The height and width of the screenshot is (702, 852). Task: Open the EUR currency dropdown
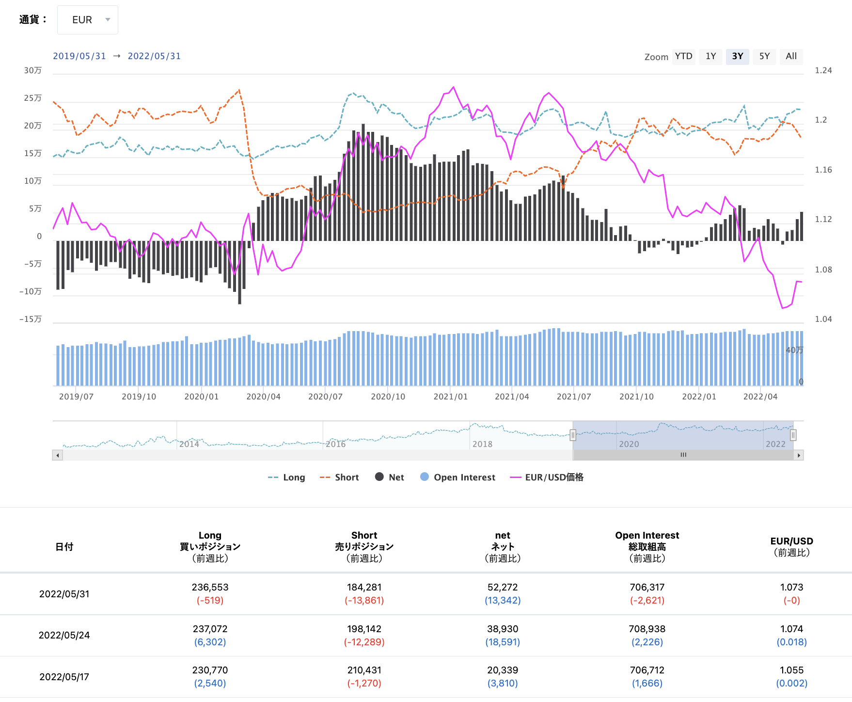88,20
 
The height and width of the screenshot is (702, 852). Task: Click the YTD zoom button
683,56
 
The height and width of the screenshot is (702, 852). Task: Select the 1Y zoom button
710,56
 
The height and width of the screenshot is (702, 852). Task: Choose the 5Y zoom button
764,56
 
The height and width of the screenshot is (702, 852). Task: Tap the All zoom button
791,56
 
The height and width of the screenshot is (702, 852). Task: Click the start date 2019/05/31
79,56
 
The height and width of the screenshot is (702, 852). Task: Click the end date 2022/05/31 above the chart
154,56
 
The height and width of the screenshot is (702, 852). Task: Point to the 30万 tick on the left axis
33,71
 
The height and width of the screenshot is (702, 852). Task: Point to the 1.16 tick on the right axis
823,170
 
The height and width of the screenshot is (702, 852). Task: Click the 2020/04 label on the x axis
263,397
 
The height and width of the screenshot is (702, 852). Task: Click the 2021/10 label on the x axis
636,397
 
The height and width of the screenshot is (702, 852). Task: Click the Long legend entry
286,478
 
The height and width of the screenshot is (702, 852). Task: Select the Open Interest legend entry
458,478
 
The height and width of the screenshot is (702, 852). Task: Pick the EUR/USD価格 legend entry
547,478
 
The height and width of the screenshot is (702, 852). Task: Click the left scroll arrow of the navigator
58,455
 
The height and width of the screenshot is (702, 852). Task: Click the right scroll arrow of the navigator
799,455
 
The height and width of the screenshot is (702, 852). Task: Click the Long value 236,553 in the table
210,587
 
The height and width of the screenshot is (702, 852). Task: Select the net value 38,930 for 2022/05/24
503,629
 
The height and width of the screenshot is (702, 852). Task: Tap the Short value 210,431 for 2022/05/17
364,670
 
